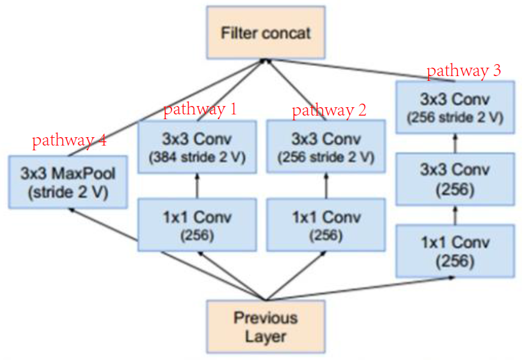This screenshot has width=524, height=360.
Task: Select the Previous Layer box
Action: coord(266,326)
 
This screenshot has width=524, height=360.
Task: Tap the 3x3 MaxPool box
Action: coord(68,182)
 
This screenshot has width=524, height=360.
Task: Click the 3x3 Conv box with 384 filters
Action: coord(197,147)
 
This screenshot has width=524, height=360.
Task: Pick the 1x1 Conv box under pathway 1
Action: coord(197,225)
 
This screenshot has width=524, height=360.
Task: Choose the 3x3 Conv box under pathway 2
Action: coord(326,147)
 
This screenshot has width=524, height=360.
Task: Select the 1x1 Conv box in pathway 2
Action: coord(326,225)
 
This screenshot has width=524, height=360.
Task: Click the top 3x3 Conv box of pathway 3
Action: coord(454,106)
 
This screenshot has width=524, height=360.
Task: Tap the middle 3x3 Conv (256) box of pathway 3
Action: coord(454,178)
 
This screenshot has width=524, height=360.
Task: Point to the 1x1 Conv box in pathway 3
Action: coord(454,250)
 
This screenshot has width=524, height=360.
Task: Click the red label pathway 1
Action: coord(200,109)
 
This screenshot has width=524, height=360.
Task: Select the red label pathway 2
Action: coord(329,110)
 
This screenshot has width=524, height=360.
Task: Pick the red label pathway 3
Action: coord(464,71)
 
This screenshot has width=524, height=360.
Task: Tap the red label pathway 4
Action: coord(69,141)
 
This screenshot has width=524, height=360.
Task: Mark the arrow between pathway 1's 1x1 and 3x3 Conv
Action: coord(197,186)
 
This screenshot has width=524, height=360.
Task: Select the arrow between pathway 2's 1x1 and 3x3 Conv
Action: coord(326,186)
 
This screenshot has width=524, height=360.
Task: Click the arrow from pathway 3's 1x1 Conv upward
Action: coord(454,214)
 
